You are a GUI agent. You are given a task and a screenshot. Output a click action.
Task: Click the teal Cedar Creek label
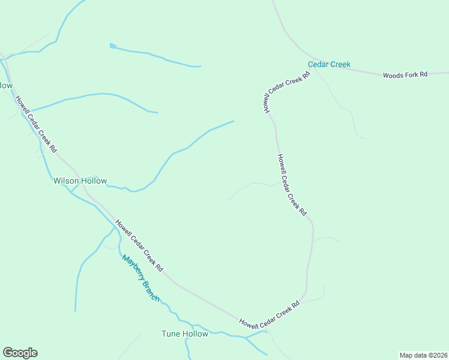(329, 64)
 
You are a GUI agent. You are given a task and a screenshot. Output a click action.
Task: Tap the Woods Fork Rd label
(405, 74)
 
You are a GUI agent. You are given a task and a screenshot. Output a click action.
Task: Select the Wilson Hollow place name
(80, 181)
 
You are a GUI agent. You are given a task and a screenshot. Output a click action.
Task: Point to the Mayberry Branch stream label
(141, 278)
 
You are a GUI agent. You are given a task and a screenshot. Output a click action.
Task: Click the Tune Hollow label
(185, 334)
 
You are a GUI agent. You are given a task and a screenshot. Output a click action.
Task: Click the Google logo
(20, 353)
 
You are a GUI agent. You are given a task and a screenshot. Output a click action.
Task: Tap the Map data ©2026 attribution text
(423, 355)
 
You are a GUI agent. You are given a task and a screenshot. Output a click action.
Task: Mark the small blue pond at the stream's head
(112, 46)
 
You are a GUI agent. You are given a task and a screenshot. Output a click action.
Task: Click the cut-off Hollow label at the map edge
(5, 85)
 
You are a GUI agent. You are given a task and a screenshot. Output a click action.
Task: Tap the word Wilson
(65, 181)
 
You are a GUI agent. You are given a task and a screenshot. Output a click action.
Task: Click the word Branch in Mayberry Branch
(151, 290)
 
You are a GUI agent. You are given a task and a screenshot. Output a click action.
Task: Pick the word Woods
(393, 74)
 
